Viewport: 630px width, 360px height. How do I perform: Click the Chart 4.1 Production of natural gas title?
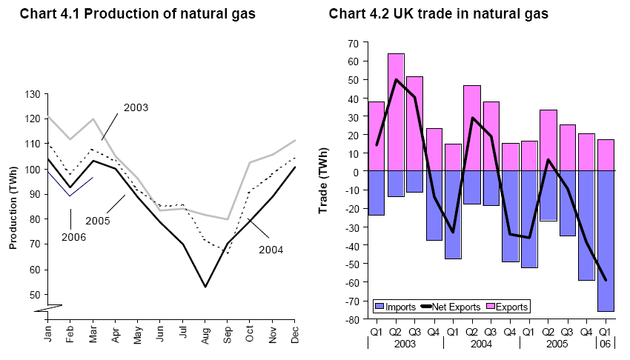point(137,14)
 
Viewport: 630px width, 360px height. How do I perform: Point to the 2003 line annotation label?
point(136,107)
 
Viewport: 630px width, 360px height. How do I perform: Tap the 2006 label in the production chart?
point(74,238)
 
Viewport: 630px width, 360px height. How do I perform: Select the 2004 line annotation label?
point(271,250)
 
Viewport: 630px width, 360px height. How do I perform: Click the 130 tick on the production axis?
point(30,94)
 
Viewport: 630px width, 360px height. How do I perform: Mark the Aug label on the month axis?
point(205,333)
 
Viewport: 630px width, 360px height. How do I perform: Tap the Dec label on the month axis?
point(295,333)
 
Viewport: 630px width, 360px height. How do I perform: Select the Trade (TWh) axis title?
point(323,181)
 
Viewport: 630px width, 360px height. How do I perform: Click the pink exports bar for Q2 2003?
point(396,111)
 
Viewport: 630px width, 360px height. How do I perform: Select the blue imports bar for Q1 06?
point(606,241)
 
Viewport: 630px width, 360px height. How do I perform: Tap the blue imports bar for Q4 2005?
point(587,225)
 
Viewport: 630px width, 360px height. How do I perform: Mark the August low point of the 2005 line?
point(205,287)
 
